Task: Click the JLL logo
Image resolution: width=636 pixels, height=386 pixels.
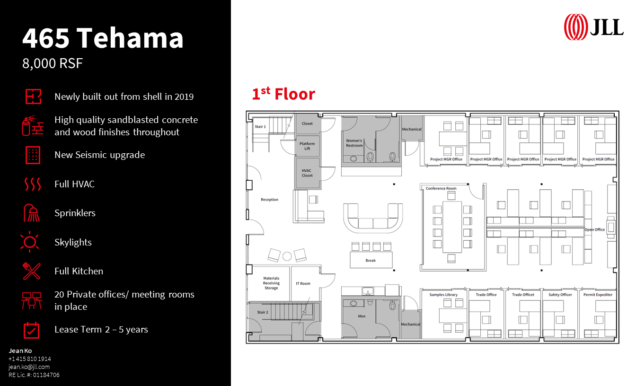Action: point(593,27)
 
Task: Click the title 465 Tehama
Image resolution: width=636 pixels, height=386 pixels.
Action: point(103,38)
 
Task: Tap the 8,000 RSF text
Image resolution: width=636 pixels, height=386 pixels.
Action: point(53,63)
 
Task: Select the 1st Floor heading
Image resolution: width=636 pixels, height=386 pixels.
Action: point(283,94)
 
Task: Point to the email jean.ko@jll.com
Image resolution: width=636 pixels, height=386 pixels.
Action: point(29,367)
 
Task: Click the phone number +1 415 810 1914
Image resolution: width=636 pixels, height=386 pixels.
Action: point(29,359)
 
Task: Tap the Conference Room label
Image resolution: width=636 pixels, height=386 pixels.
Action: point(441,188)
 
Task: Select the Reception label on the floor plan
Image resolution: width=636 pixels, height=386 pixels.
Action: point(270,200)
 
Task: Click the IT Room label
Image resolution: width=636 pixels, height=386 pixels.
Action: point(303,283)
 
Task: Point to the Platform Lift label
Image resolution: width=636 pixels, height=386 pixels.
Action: point(307,146)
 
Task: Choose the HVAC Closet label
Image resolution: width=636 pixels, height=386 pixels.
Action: point(307,173)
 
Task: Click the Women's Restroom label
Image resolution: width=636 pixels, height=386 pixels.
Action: point(354,143)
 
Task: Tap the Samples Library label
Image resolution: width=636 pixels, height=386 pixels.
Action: point(443,295)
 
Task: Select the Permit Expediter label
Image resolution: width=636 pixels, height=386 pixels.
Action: point(598,295)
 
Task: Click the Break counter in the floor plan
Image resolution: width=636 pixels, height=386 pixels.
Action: point(371,260)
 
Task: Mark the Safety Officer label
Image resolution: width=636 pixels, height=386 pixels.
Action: point(560,295)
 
